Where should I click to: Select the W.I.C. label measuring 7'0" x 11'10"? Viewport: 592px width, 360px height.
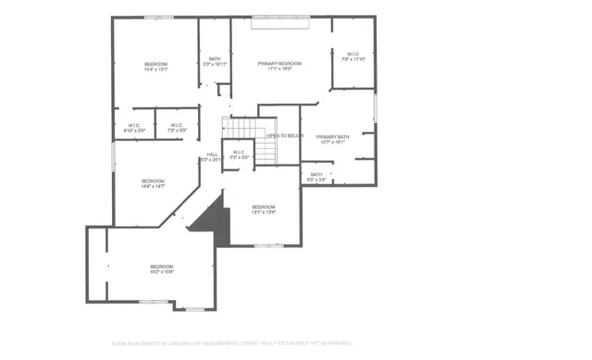pos(353,56)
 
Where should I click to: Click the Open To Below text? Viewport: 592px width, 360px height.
pos(285,136)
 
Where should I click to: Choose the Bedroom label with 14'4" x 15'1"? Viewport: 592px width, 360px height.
pos(154,66)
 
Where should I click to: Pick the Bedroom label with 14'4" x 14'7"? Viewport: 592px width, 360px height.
pos(153,183)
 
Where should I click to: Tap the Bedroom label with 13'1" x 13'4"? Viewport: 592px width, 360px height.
pos(263,209)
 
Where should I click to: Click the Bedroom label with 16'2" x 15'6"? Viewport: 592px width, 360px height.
pos(162,269)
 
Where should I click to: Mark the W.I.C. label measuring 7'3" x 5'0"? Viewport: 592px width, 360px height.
pos(177,128)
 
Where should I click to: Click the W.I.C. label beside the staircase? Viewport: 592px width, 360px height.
pos(238,155)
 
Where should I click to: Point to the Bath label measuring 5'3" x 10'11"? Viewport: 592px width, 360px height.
pos(215,61)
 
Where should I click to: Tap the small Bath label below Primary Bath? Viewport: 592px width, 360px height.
pos(316,176)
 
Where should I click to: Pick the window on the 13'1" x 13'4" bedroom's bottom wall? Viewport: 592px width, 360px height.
pos(268,245)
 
